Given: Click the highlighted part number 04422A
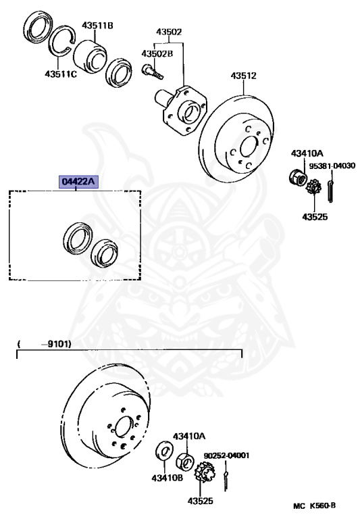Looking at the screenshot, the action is click(79, 181).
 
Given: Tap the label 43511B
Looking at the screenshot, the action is click(97, 25).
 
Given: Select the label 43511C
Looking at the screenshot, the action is click(61, 74).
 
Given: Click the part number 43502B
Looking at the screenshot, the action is click(157, 53).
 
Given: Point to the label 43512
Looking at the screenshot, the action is click(244, 76).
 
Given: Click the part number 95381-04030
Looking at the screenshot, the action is click(332, 166).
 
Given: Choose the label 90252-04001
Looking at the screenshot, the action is click(226, 455).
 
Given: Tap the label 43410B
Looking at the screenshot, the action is click(167, 478).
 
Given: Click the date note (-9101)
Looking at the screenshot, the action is click(45, 344).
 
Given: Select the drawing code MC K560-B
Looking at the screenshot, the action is click(314, 505).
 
